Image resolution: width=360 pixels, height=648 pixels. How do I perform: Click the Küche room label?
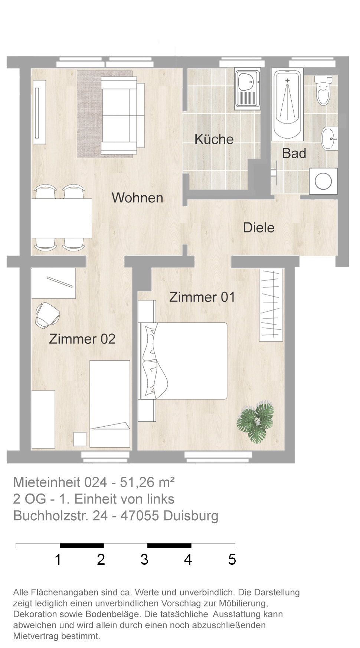click(x=214, y=139)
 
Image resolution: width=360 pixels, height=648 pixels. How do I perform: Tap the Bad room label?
click(x=294, y=153)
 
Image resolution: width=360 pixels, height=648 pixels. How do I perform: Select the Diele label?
click(x=259, y=228)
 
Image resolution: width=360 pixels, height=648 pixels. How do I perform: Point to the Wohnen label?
click(x=138, y=198)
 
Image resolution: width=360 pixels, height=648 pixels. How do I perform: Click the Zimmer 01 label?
click(x=202, y=297)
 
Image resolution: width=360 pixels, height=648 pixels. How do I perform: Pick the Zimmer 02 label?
click(x=82, y=339)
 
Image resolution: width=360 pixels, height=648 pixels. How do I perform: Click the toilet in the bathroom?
click(x=323, y=90)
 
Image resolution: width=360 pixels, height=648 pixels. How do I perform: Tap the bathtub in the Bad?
click(x=287, y=104)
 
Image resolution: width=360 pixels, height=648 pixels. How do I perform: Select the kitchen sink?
click(x=247, y=88)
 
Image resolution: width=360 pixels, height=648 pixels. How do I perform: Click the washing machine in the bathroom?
click(x=323, y=181)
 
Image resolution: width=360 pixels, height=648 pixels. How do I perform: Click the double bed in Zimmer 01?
click(x=183, y=361)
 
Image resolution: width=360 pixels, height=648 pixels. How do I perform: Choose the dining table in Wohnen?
click(x=61, y=218)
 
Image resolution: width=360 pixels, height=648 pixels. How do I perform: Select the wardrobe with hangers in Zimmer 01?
click(x=271, y=305)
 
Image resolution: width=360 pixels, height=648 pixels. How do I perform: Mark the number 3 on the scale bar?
click(x=144, y=559)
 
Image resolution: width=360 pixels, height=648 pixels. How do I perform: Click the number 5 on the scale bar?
click(x=232, y=559)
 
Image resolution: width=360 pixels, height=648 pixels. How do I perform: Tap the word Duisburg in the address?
click(x=191, y=516)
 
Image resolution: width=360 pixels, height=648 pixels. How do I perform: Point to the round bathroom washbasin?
click(x=330, y=139)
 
